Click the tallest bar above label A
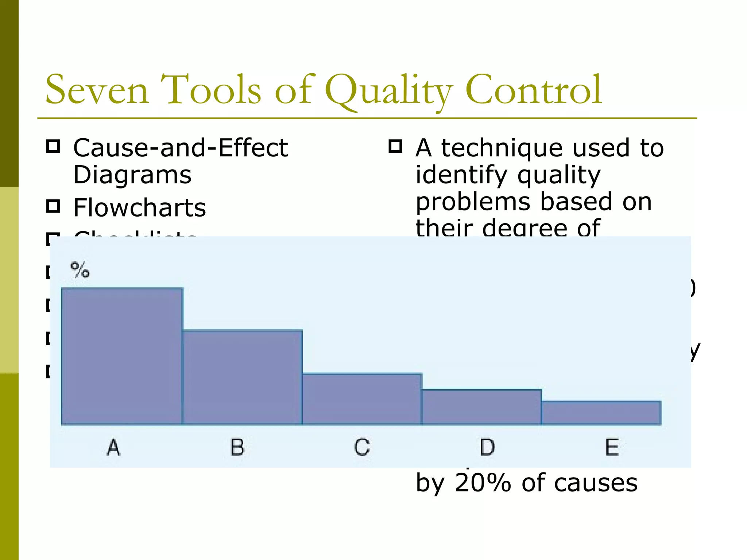122,356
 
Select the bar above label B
242,377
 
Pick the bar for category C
362,399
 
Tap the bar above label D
481,407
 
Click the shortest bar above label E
601,413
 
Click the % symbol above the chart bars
80,270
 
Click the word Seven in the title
97,90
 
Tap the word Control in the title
533,90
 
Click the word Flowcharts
140,208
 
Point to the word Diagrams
132,175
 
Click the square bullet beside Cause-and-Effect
53,146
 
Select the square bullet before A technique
395,146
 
